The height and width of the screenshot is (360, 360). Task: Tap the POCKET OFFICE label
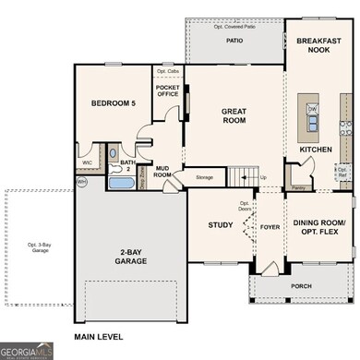(167, 89)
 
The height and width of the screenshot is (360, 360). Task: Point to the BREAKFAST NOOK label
(318, 47)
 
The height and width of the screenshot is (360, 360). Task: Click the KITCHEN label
(315, 150)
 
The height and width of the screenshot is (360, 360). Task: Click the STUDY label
(220, 223)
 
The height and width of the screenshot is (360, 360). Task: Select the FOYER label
(270, 223)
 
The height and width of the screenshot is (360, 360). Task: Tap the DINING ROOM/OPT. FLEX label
(318, 228)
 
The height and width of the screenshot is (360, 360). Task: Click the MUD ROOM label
(162, 170)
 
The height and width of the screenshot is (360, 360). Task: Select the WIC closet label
(89, 162)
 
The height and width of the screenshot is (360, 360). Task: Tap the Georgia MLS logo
(26, 351)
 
